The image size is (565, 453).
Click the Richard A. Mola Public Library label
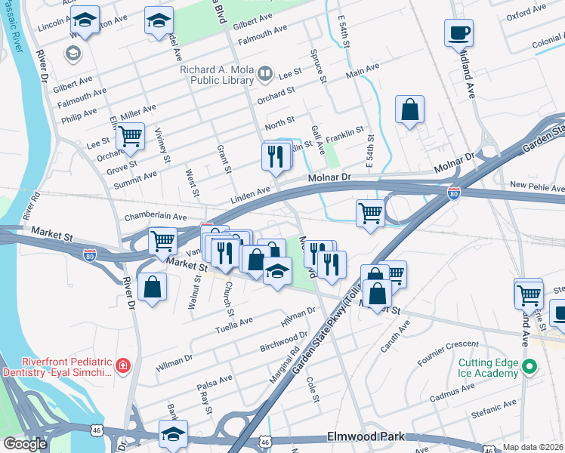[217, 75]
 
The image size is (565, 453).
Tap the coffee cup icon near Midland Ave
[459, 34]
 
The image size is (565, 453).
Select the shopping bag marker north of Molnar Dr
[409, 109]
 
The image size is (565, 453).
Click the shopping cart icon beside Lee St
[130, 137]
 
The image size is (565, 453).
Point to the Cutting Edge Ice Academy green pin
[529, 368]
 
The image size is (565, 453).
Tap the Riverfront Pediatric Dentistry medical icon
[122, 367]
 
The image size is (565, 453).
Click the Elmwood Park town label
[366, 437]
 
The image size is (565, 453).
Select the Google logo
[24, 443]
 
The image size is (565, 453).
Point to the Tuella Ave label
[234, 323]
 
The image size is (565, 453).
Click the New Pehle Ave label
[536, 186]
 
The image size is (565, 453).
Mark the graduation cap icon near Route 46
[173, 434]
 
